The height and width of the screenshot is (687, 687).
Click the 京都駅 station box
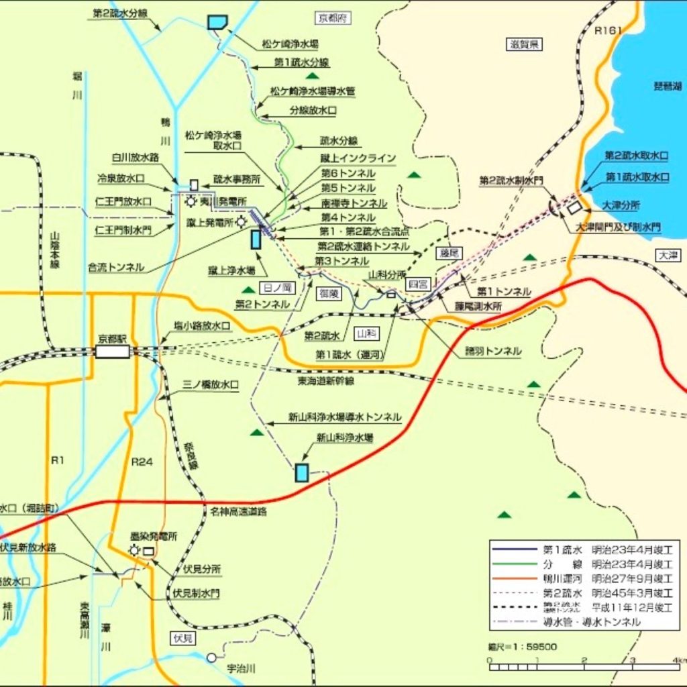coord(112,352)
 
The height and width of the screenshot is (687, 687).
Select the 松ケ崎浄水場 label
coord(290,45)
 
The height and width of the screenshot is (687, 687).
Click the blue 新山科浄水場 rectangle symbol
coord(302,472)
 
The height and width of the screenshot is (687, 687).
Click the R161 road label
coord(609,30)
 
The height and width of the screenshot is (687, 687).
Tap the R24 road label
coord(142,462)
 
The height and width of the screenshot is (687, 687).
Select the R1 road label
coord(58,461)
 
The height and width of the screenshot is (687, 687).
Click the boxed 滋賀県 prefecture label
coord(524,45)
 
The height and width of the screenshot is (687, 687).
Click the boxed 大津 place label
coord(668,255)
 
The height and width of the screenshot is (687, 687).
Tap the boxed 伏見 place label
coord(182,638)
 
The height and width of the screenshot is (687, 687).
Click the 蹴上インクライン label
coord(358,158)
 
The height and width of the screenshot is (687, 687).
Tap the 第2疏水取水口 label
coord(636,156)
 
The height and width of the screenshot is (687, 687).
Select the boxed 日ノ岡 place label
coord(276,288)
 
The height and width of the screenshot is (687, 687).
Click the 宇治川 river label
coord(242,668)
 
